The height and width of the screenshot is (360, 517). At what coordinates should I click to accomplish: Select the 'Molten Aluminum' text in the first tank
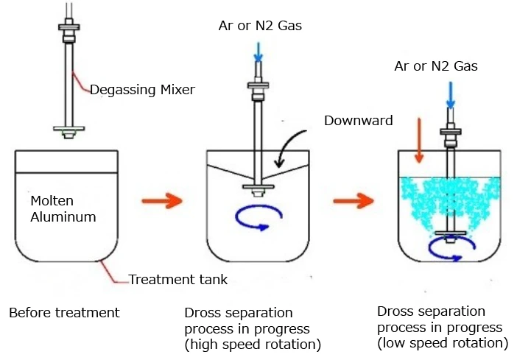click(63, 208)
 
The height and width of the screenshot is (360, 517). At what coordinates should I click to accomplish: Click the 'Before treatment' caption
click(64, 313)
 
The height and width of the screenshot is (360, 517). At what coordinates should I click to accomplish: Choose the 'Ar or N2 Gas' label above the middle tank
click(260, 27)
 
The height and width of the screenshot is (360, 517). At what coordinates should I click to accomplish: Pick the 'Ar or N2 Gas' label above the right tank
click(436, 66)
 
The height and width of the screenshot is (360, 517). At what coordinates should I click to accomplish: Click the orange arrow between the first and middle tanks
click(161, 200)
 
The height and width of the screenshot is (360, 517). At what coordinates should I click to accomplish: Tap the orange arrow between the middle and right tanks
click(352, 200)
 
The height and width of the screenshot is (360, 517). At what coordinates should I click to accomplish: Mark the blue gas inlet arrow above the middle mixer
click(258, 52)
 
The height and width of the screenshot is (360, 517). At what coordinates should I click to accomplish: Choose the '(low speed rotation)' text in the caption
click(442, 343)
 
